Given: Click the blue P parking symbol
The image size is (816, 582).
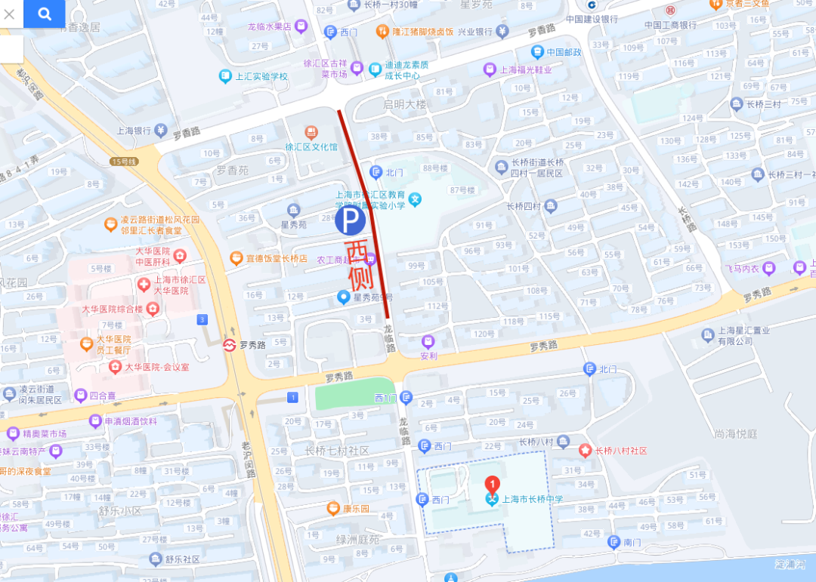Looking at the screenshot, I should tap(350, 221).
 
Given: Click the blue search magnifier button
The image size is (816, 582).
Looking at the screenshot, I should tap(44, 14).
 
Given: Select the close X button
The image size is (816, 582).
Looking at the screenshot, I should tap(10, 14).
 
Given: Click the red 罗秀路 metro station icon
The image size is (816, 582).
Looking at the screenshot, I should tap(228, 345).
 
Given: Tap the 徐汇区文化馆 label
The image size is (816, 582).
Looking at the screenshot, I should tap(311, 146).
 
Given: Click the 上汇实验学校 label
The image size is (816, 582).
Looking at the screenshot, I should tap(261, 76).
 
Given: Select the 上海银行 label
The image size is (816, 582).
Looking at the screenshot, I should tap(134, 130).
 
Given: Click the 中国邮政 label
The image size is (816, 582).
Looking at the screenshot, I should tap(564, 52).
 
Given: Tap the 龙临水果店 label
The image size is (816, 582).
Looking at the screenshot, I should tap(270, 26).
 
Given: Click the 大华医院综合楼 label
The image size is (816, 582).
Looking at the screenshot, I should tap(113, 309).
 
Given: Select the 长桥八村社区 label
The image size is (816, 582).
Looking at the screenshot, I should tap(620, 451).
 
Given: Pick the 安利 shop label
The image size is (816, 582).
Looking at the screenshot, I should tap(428, 356).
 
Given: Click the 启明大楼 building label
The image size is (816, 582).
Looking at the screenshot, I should tap(405, 104).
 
